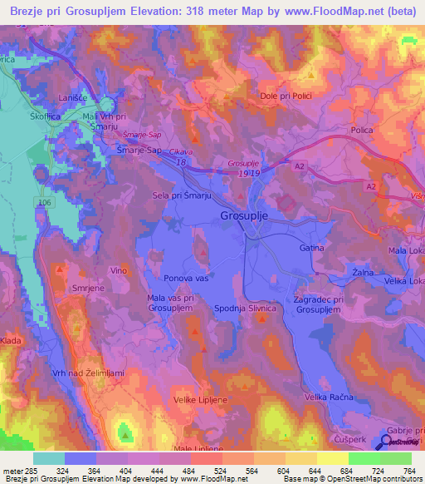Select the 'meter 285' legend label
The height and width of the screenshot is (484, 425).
[x=18, y=471]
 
